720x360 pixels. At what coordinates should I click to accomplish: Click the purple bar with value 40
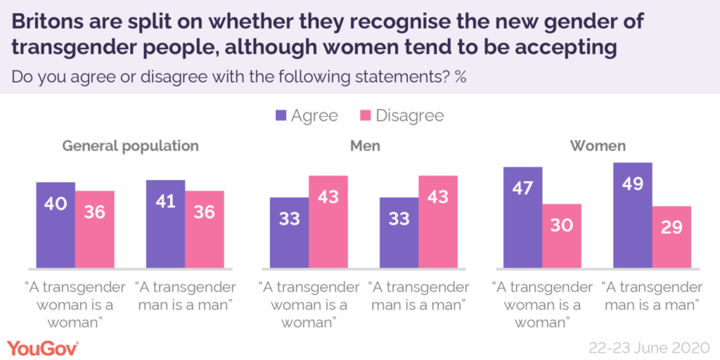click(x=56, y=224)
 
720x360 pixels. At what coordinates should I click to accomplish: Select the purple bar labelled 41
click(x=165, y=224)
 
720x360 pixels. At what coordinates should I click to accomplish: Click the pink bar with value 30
click(x=562, y=236)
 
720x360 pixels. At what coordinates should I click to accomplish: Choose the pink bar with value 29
click(x=671, y=237)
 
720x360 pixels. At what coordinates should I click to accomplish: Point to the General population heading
click(x=131, y=146)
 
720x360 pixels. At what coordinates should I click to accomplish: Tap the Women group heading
click(x=598, y=146)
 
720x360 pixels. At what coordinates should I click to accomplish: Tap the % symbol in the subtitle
click(x=461, y=76)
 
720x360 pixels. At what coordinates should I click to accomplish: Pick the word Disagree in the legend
click(x=409, y=115)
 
